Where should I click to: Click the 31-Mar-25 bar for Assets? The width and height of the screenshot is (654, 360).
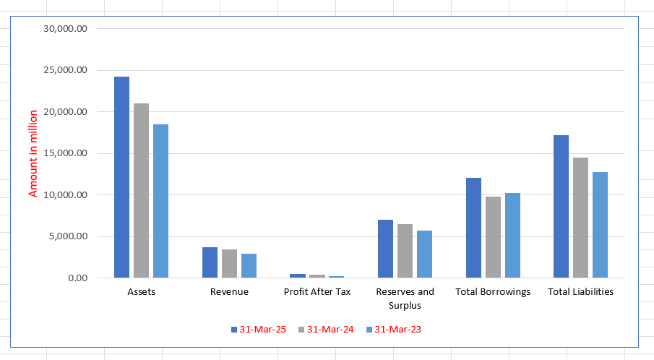coord(121,177)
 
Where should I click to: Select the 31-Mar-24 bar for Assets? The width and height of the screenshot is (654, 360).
coord(141,191)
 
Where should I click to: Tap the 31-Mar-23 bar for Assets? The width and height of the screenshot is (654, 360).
coord(160,201)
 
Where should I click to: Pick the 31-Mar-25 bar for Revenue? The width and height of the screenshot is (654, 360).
coord(210,262)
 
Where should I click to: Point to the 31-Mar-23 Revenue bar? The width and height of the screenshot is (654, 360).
coord(249,265)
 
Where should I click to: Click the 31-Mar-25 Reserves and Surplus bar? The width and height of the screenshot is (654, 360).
coord(385,249)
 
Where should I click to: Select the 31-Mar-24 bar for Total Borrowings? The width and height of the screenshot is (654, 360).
coord(493,237)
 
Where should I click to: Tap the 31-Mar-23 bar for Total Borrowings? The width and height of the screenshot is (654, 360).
coord(512,235)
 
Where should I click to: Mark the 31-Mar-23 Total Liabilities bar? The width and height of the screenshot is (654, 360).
coord(600,225)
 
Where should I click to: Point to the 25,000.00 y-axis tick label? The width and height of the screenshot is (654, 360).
coord(66,70)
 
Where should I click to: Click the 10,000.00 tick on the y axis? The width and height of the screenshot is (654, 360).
coord(66,195)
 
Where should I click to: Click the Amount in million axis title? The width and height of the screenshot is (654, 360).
coord(33,153)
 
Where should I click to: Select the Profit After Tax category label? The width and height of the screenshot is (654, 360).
coord(317,292)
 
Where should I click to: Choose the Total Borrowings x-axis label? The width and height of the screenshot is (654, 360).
coord(493,292)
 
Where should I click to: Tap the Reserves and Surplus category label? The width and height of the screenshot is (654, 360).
coord(405,299)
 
